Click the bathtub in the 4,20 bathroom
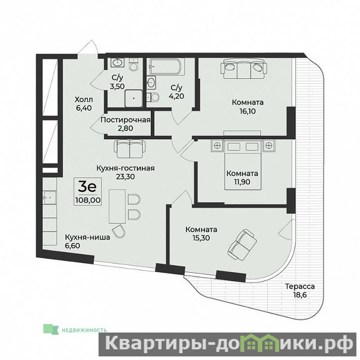pos(167,67)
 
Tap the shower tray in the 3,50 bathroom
pos(134,98)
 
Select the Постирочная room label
pos(126,120)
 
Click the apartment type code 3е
pos(87,187)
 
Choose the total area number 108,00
pos(88,200)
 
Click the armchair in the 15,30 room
pos(242,244)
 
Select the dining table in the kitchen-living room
pos(117,207)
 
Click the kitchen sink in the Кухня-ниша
pos(49,198)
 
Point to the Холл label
pos(84,99)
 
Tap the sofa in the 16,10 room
pos(244,68)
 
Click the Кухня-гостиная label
pos(126,168)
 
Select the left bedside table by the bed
pos(217,145)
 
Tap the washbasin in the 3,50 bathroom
pos(118,62)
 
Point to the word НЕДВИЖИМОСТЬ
pos(84,330)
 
